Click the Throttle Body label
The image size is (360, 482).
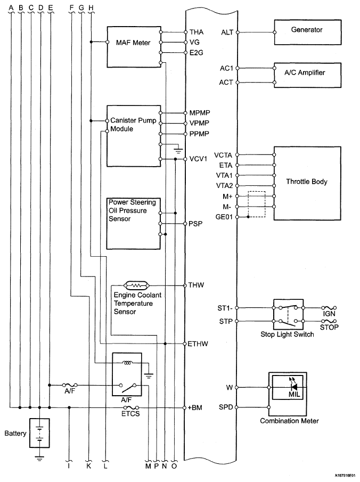(x=307, y=182)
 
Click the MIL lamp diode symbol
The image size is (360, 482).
(x=294, y=387)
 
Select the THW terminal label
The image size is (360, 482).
(x=196, y=285)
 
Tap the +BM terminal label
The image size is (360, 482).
(x=195, y=408)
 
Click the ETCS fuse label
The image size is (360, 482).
(x=130, y=414)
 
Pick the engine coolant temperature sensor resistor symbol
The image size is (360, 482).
(x=136, y=285)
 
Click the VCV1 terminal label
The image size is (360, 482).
(x=198, y=159)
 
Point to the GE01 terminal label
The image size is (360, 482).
(x=224, y=217)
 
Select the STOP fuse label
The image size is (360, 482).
(x=329, y=328)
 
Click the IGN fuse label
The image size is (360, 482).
(x=329, y=314)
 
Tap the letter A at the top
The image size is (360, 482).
(x=11, y=7)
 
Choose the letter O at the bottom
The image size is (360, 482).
(x=174, y=466)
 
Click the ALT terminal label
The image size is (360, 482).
(x=227, y=32)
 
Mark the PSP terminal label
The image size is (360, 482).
(x=195, y=224)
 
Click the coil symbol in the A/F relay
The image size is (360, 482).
(x=127, y=363)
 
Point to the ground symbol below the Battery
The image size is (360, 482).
(x=39, y=459)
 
